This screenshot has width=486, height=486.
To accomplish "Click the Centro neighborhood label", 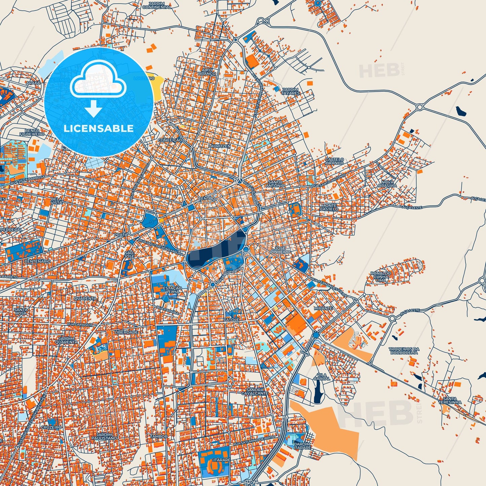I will click(207, 199).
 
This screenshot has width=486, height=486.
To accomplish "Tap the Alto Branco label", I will click(207, 72).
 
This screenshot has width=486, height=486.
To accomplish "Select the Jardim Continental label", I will click(157, 5).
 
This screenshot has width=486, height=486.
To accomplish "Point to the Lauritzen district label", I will click(219, 146).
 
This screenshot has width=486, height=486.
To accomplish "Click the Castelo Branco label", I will click(334, 161).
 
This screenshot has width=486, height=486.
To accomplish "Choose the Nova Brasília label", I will click(387, 184).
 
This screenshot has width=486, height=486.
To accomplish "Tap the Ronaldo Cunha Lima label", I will click(381, 277).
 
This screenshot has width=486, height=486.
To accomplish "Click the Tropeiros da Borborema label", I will click(404, 351).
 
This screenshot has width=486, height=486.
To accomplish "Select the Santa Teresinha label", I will click(450, 400).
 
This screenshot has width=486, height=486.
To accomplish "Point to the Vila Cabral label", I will click(322, 377).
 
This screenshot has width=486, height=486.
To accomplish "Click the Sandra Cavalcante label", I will click(255, 391).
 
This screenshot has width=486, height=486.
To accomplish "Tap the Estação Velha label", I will click(172, 290).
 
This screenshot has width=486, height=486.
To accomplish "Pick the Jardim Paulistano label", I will click(104, 437).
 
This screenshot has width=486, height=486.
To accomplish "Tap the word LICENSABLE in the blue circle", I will click(99, 128).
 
